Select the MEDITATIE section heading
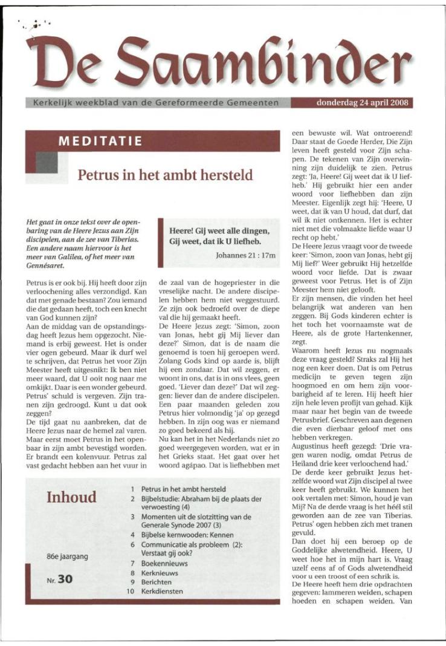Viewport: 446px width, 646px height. (100, 142)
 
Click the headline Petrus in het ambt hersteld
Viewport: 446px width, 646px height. (165, 175)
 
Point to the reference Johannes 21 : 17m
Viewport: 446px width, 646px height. (245, 256)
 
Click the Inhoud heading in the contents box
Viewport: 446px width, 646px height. (71, 497)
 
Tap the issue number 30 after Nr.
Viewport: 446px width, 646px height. (65, 579)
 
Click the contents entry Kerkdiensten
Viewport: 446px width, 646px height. (162, 591)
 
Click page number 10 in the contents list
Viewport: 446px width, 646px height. (130, 591)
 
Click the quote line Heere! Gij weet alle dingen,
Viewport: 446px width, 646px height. (219, 230)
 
